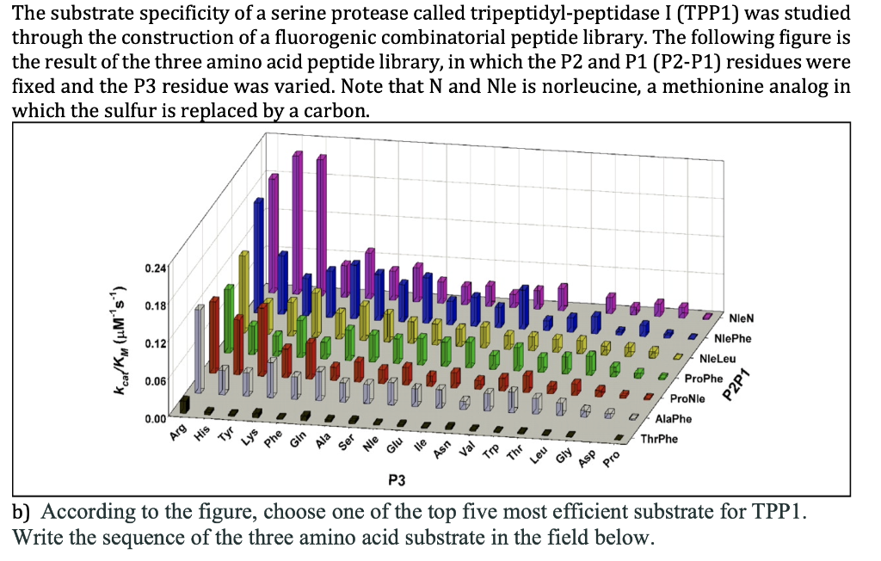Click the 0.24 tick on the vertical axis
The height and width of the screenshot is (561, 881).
[156, 268]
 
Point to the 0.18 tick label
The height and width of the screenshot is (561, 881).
[156, 305]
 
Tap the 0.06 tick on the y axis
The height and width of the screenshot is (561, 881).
[156, 380]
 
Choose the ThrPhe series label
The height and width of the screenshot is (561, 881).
[659, 439]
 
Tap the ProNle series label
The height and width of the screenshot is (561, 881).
[687, 398]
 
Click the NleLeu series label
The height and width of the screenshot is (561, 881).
[717, 359]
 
